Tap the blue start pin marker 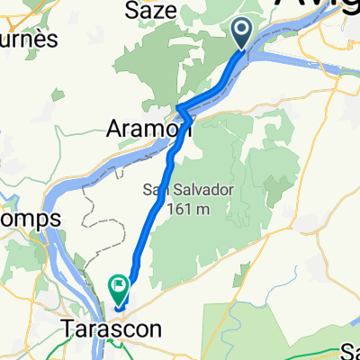(x=243, y=34)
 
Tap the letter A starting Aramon (x=113, y=127)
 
